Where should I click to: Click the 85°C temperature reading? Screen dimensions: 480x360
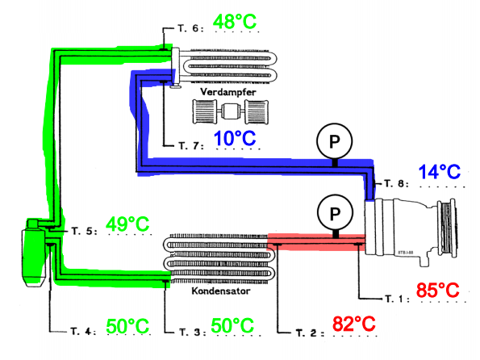coord(438,290)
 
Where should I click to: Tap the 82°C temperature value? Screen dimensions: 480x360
coord(354,323)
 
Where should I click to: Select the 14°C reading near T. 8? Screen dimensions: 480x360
coord(440,172)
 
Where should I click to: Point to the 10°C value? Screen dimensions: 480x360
coord(235,138)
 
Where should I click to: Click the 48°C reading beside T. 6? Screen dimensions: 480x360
coord(235,22)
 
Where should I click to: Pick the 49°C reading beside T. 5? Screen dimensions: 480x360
coord(127,224)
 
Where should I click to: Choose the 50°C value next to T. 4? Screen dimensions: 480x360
coord(127,326)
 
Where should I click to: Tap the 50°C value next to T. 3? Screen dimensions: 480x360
coord(232,325)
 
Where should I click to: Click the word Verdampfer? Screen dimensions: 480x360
coord(228,92)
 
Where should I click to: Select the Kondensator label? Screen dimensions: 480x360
coord(221,291)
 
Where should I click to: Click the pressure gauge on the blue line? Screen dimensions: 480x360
coord(334,141)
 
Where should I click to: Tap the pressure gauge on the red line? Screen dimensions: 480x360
coord(336,212)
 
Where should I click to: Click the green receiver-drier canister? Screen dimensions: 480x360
coord(33,253)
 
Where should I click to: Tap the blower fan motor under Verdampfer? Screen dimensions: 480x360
coord(231,111)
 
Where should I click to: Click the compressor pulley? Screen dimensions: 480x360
coord(447,228)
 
